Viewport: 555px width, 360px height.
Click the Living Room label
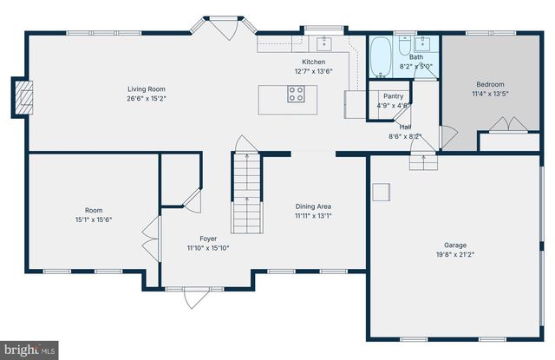tap(147, 88)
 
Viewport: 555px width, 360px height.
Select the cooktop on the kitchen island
tap(295, 96)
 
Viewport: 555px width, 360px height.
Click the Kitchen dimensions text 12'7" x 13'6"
tap(313, 71)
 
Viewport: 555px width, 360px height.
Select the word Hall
tap(405, 127)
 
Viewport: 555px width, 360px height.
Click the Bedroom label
tap(489, 85)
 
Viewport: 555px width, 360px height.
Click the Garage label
tap(455, 245)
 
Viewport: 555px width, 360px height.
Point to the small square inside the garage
tap(379, 192)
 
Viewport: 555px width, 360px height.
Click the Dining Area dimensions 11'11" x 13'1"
tap(313, 216)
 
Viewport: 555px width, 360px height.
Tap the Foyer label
tap(208, 238)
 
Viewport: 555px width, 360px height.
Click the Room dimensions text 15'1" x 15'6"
tap(93, 219)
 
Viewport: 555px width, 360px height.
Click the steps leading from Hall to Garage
tap(423, 160)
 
